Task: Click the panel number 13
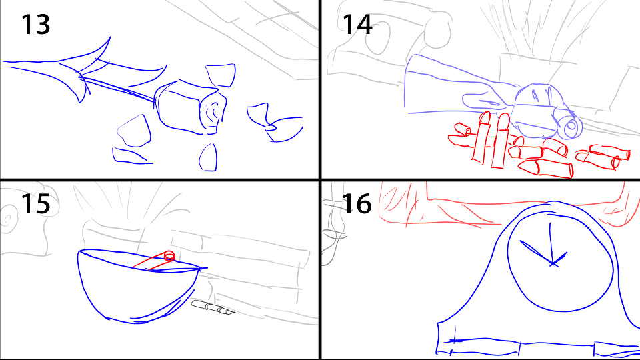point(35,25)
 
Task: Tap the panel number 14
point(357,25)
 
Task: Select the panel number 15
point(35,204)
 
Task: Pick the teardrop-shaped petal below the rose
point(209,157)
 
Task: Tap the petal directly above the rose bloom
point(221,75)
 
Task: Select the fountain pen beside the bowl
point(213,308)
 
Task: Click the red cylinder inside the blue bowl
point(154,261)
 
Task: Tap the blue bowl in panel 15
point(139,285)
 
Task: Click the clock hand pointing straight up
point(551,243)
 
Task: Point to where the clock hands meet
point(552,264)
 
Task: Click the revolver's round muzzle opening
point(571,127)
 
